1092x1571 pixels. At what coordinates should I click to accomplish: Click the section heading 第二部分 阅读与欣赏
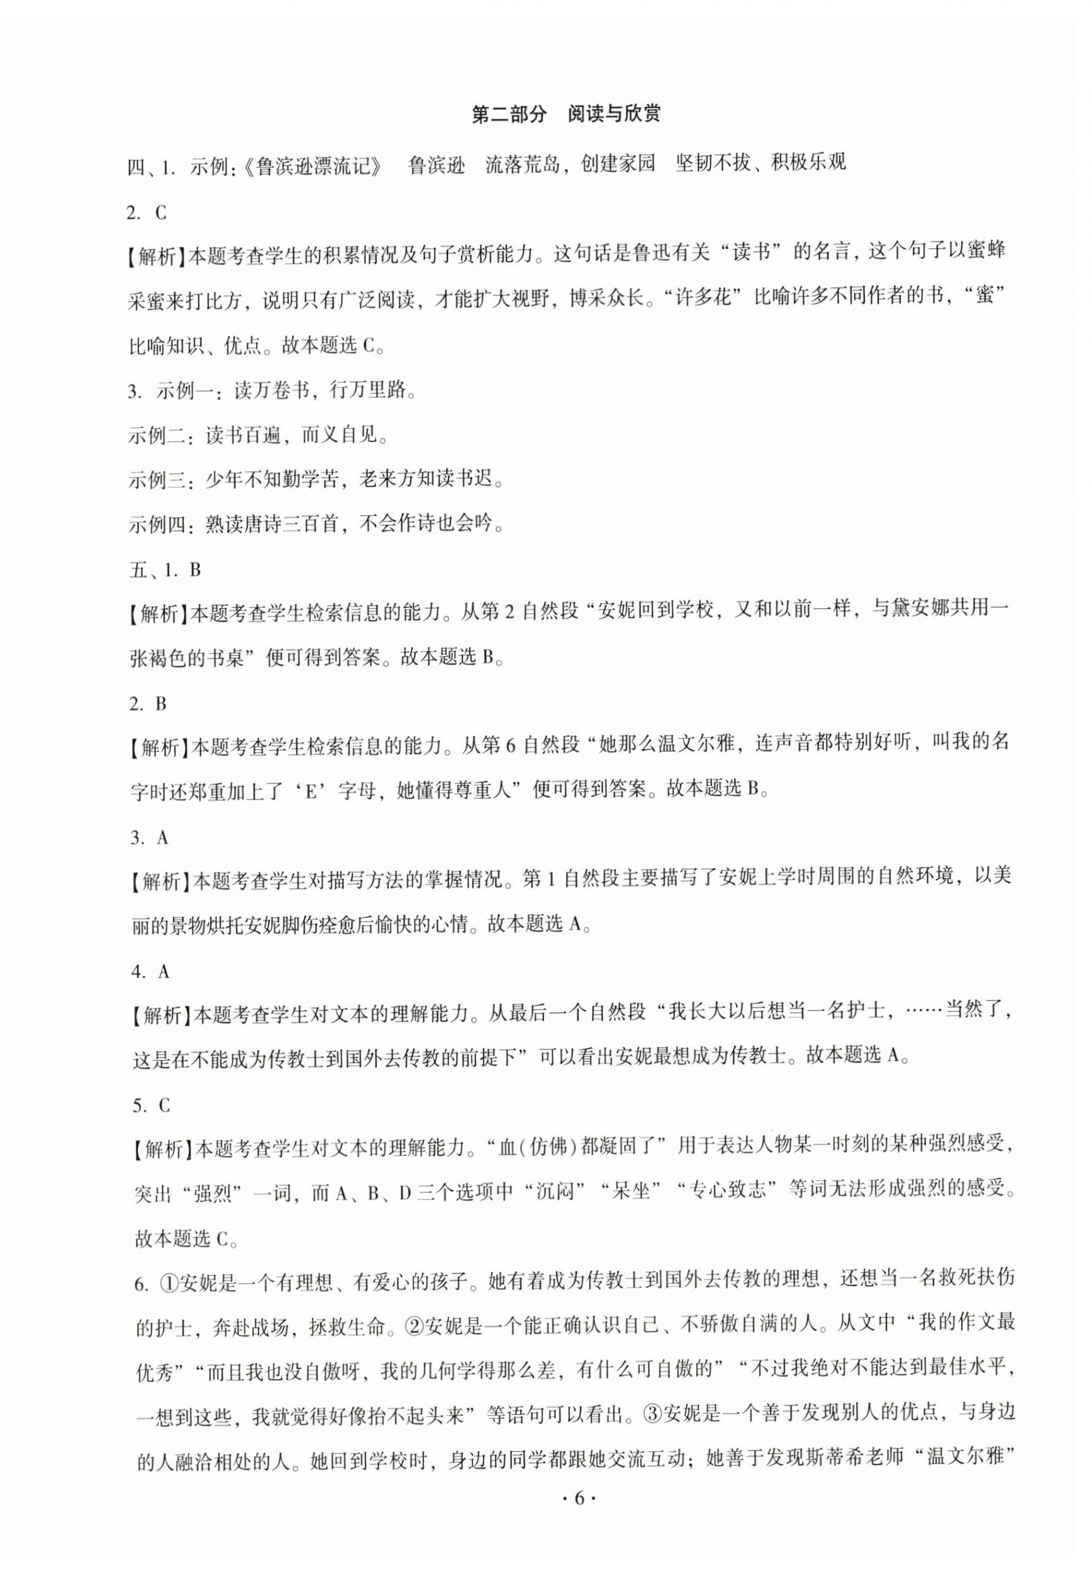(x=566, y=114)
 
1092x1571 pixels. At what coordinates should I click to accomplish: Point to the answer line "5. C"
(x=150, y=1107)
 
